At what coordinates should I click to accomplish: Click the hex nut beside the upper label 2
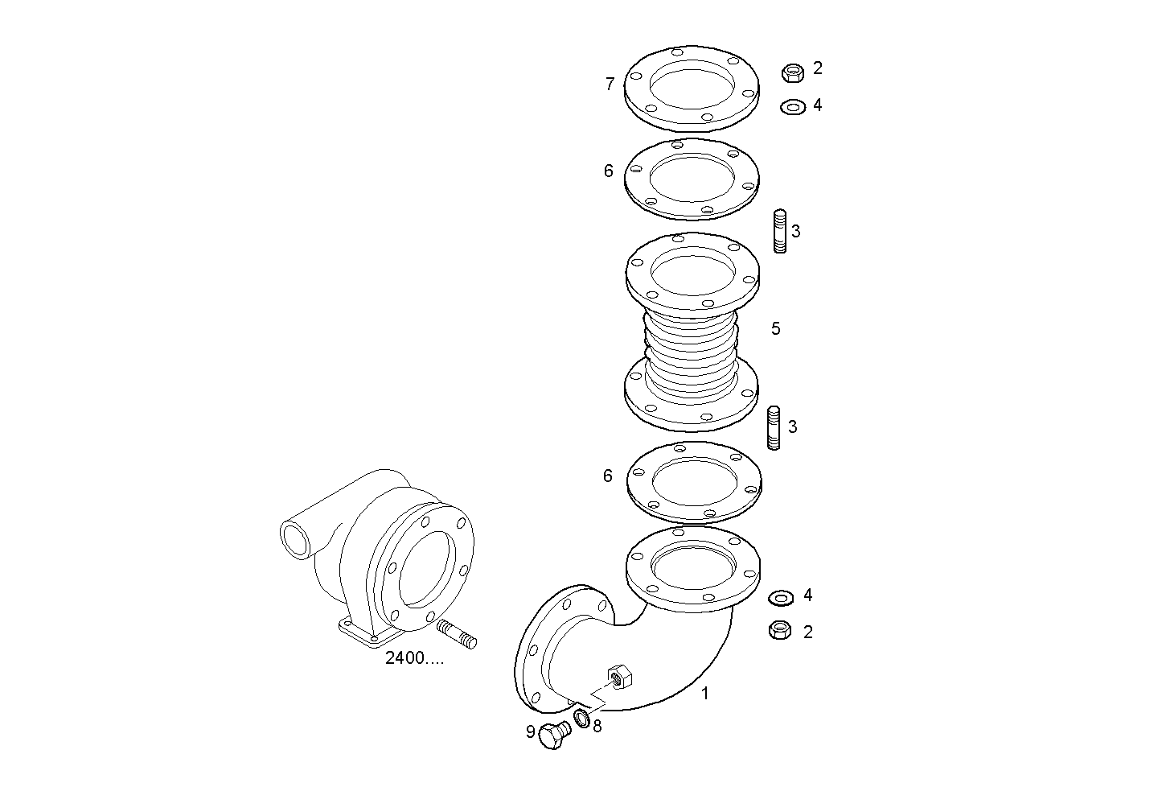[x=792, y=72]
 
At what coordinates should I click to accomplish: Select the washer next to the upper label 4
[x=793, y=107]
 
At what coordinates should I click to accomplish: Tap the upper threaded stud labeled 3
[x=779, y=232]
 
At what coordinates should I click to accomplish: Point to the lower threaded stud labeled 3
[x=774, y=427]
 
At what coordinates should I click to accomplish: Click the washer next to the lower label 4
[x=781, y=597]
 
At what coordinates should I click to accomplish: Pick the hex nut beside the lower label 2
[x=779, y=630]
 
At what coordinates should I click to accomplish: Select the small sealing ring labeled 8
[x=581, y=717]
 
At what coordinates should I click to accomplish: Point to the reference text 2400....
[x=413, y=658]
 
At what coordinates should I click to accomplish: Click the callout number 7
[x=610, y=84]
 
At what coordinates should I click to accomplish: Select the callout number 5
[x=775, y=328]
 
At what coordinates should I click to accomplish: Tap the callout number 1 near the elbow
[x=705, y=693]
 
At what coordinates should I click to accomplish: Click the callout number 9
[x=530, y=731]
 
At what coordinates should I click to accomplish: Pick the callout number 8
[x=597, y=727]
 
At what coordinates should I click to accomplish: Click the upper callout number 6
[x=609, y=171]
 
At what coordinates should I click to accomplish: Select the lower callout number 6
[x=608, y=476]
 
